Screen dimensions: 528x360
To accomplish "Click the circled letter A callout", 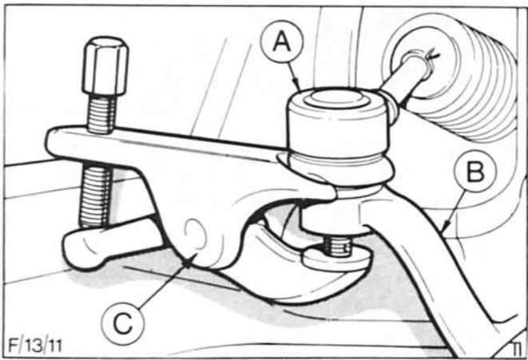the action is (x=282, y=42).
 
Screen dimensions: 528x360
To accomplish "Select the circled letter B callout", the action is (x=475, y=172).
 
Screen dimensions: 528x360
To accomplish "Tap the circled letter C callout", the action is (x=123, y=324).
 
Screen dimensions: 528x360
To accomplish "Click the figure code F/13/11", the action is (x=35, y=346).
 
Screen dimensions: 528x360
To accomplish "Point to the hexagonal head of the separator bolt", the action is (x=105, y=65).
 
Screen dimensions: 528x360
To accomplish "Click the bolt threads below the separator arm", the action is (x=95, y=195).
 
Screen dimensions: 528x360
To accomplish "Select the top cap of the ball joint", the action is (x=338, y=98).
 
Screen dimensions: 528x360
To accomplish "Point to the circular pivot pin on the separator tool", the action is (x=195, y=233).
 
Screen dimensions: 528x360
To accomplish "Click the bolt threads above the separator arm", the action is (x=101, y=113).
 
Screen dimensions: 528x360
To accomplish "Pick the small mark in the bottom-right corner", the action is (x=517, y=349).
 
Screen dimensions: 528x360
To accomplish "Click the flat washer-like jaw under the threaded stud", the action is (x=337, y=259).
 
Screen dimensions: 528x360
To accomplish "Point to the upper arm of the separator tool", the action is (x=169, y=144).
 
